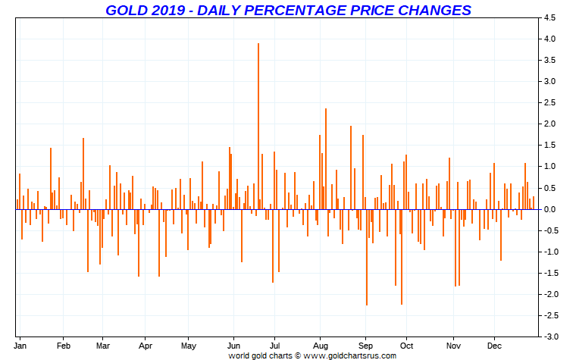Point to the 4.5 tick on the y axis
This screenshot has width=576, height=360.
pos(549,17)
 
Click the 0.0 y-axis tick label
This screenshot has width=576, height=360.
pos(549,209)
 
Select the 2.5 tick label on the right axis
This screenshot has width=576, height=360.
pos(549,102)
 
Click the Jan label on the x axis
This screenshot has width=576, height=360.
pos(22,346)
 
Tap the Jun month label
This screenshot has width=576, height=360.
pos(233,346)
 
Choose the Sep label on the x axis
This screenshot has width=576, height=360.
pos(366,346)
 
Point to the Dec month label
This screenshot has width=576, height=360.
pos(494,346)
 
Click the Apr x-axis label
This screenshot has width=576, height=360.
pos(146,346)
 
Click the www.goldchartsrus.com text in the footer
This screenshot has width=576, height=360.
pos(350,355)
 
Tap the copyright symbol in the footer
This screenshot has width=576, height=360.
pos(297,355)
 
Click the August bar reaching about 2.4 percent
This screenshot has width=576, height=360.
pos(326,158)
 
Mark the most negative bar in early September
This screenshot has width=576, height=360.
pos(367,257)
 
